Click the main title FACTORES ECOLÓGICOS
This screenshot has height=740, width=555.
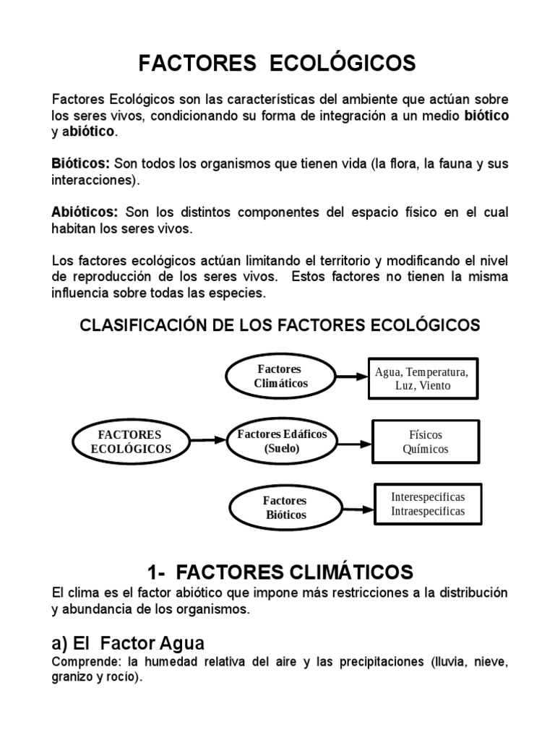(277, 64)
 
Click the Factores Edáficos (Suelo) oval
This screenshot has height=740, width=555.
(282, 441)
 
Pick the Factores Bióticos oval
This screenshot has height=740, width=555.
(285, 507)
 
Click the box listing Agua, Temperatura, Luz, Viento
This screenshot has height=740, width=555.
(422, 379)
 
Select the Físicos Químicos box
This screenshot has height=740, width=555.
(426, 442)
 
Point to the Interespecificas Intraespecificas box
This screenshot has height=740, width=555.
(427, 504)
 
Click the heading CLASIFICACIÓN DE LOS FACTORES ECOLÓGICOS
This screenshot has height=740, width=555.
(280, 325)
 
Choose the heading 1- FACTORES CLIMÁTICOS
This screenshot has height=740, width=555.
(280, 572)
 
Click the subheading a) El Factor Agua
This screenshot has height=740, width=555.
(128, 642)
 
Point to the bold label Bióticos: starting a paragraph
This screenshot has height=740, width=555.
(81, 164)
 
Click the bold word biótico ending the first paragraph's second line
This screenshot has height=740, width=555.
(486, 116)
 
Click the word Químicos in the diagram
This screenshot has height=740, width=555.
(426, 449)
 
